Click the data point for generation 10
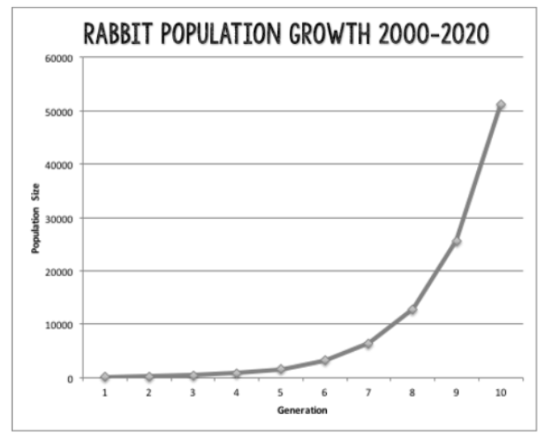[500, 104]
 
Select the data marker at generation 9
[457, 241]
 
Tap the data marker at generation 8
[413, 310]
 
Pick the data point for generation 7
[369, 344]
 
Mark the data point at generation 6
[325, 360]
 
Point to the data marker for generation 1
[105, 377]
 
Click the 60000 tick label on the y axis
[59, 58]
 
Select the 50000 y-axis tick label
[59, 111]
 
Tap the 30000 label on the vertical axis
[59, 218]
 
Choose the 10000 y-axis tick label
[59, 325]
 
